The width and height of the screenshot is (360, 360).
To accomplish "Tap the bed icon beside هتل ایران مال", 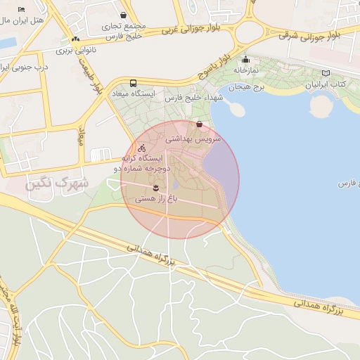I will (x=21, y=8).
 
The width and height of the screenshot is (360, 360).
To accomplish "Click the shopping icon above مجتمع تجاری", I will (x=124, y=15).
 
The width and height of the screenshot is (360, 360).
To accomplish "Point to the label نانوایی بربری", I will (x=75, y=51).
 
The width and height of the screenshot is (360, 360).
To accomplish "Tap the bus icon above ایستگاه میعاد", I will (x=134, y=82).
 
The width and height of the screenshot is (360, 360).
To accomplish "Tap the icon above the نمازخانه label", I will (x=245, y=60).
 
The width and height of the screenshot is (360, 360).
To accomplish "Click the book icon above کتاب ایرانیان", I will (x=325, y=73).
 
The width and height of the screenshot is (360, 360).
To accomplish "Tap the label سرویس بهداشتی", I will (x=193, y=139).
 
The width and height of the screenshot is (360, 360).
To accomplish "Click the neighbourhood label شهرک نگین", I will (x=56, y=184).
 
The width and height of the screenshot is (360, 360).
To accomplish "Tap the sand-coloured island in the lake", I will (x=320, y=106).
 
